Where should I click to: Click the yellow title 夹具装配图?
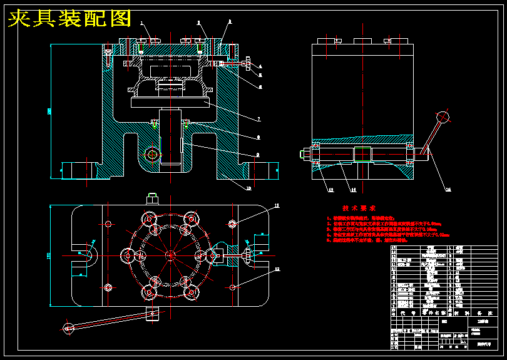point(69,19)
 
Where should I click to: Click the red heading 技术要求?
point(359,208)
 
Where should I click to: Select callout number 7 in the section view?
point(259,118)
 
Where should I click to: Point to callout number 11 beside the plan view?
point(277,205)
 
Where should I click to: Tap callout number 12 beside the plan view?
point(277,269)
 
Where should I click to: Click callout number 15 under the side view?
point(448,189)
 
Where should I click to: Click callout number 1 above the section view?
point(142,23)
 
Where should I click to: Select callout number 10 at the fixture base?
point(248,188)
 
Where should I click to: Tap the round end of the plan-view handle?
point(68,326)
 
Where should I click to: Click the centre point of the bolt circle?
point(170,255)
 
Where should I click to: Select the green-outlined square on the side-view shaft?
point(361,153)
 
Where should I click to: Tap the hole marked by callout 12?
point(233,287)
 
